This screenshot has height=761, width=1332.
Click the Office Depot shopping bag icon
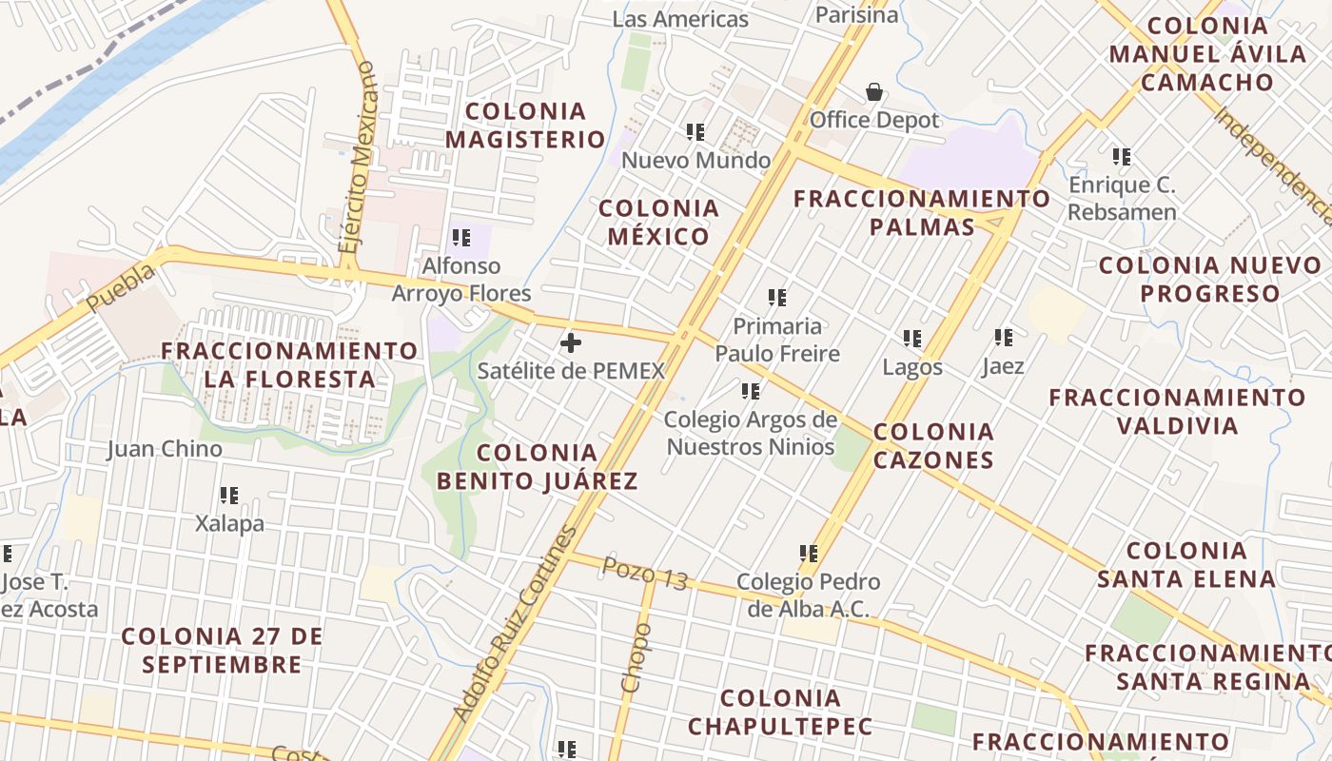[873, 92]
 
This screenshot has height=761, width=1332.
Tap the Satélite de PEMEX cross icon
[571, 342]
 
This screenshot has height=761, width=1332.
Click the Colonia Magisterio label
[525, 126]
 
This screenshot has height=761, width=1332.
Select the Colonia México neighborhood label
[658, 222]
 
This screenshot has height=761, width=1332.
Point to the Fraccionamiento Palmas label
[922, 212]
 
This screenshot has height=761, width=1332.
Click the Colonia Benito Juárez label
[538, 466]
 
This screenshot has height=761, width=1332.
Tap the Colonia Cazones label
[933, 445]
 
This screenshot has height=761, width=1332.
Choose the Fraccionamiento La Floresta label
[289, 364]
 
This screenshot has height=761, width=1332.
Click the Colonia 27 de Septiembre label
[223, 650]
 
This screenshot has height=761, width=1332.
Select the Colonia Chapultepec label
[780, 712]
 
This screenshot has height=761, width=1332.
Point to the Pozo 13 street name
[645, 574]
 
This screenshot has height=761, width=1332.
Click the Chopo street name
[637, 657]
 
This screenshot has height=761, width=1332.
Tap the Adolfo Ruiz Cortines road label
[515, 624]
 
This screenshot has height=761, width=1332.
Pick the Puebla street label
[120, 287]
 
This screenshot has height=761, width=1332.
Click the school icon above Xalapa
[229, 496]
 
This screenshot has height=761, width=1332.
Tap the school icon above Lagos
[912, 339]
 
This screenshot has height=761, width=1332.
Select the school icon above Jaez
[1004, 338]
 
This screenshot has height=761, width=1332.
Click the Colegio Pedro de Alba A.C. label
[809, 595]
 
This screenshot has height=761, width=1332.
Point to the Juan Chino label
[165, 449]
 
